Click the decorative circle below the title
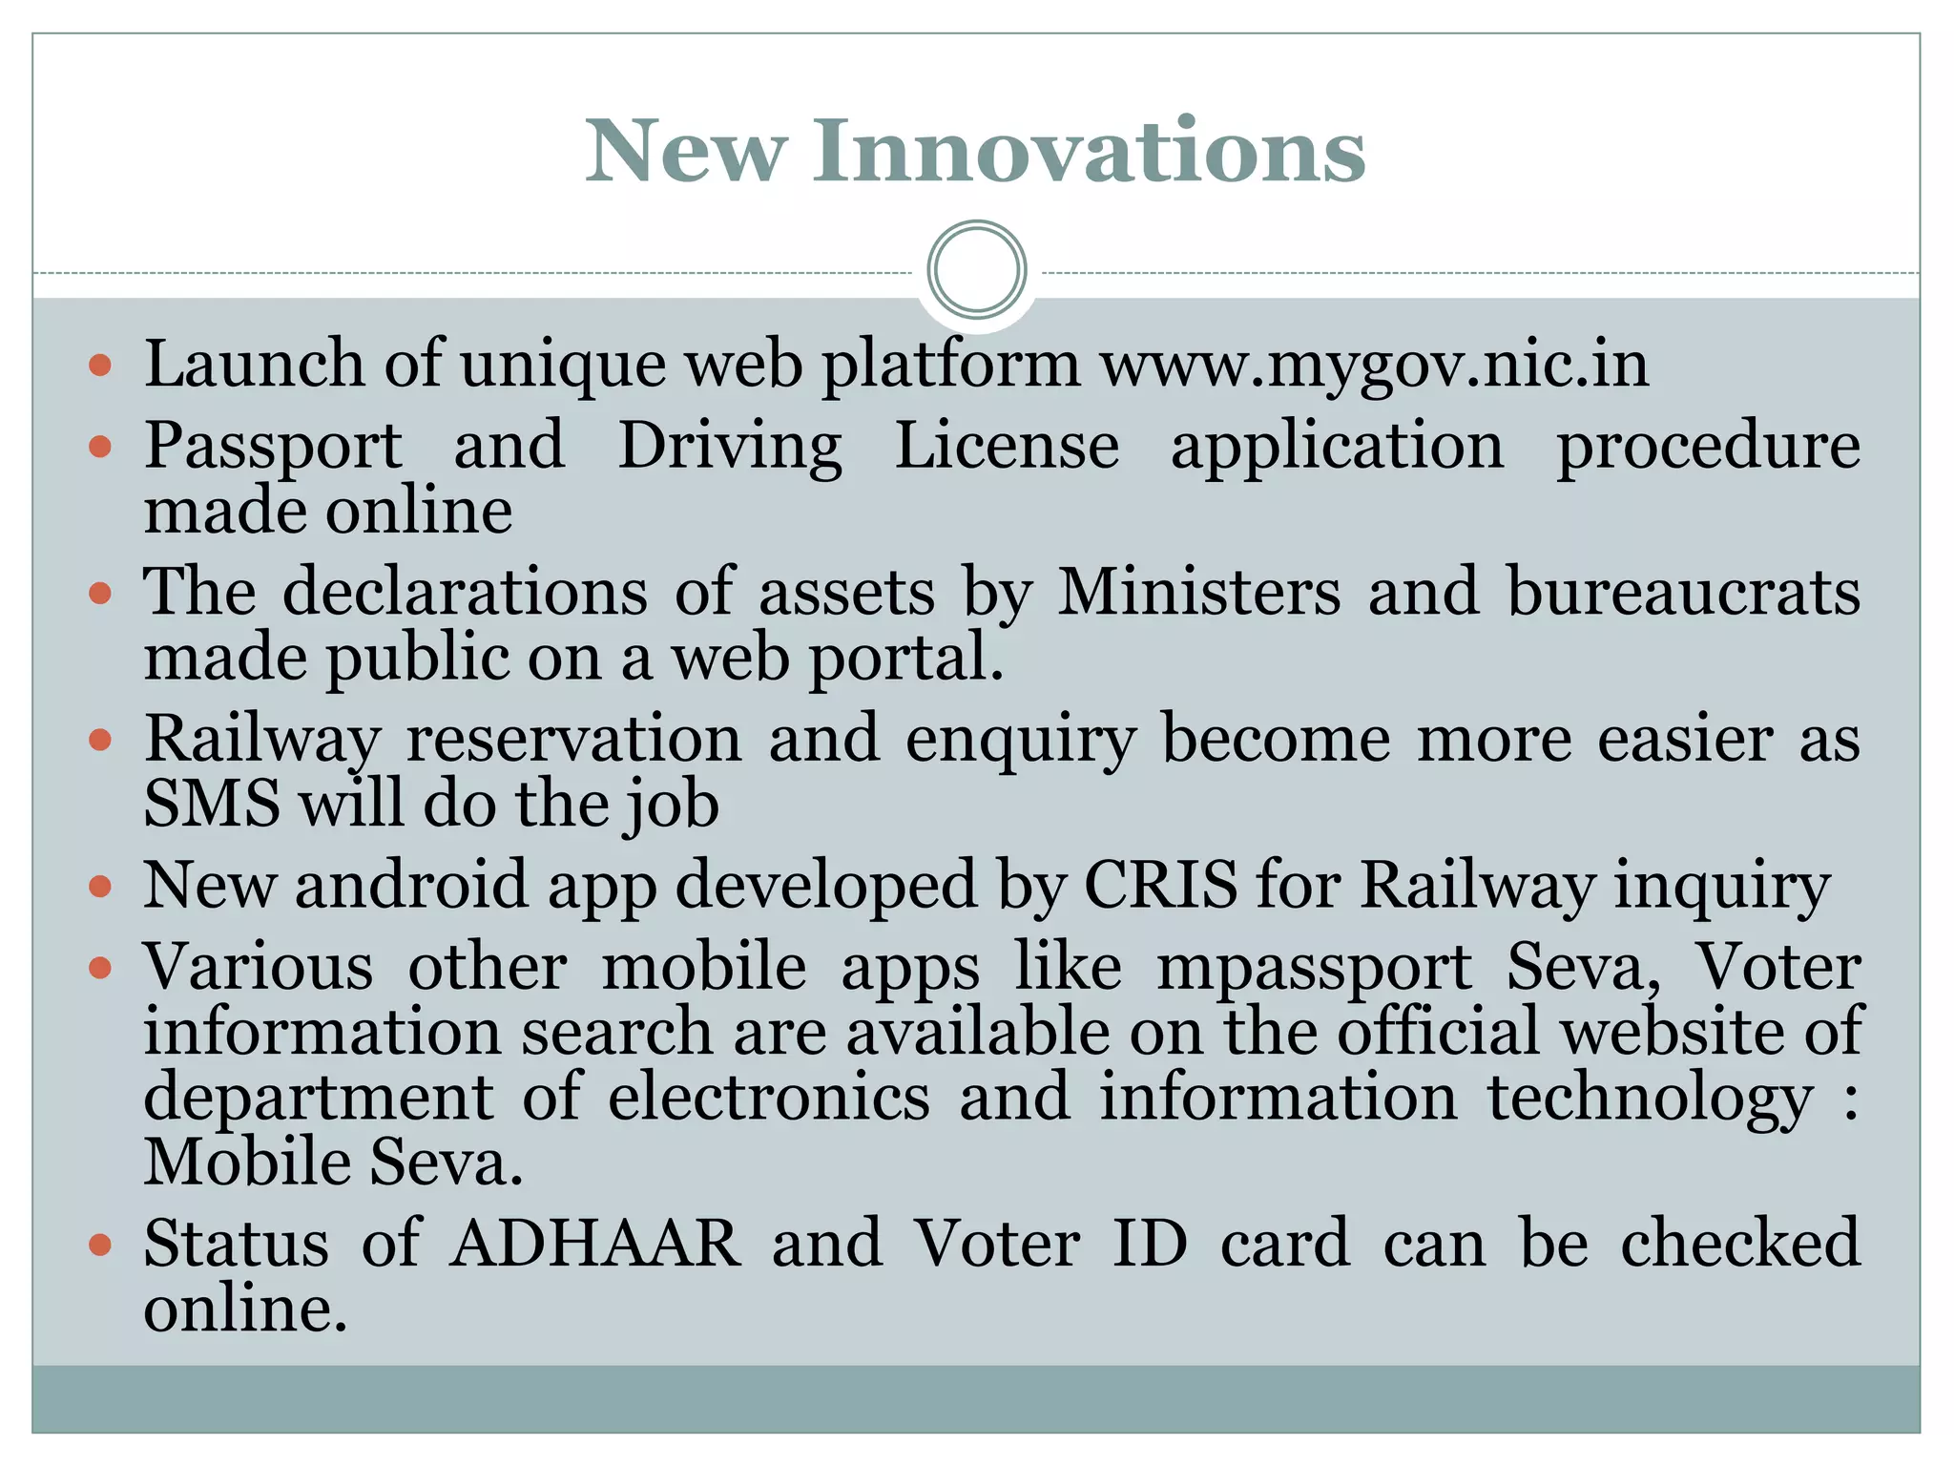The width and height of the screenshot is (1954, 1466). (x=976, y=270)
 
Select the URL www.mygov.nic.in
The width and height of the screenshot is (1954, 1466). (x=1374, y=365)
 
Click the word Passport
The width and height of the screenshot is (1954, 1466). (x=273, y=446)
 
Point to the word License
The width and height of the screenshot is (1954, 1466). (x=1007, y=446)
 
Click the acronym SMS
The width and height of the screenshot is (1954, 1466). (x=212, y=803)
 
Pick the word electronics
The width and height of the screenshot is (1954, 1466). (x=768, y=1097)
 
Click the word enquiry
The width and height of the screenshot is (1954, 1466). (x=1020, y=740)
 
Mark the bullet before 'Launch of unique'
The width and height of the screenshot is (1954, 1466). (x=100, y=365)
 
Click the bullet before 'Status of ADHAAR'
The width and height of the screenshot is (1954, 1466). (x=100, y=1244)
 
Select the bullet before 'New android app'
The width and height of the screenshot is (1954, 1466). (x=100, y=887)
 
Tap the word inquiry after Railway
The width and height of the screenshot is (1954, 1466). (x=1722, y=886)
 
